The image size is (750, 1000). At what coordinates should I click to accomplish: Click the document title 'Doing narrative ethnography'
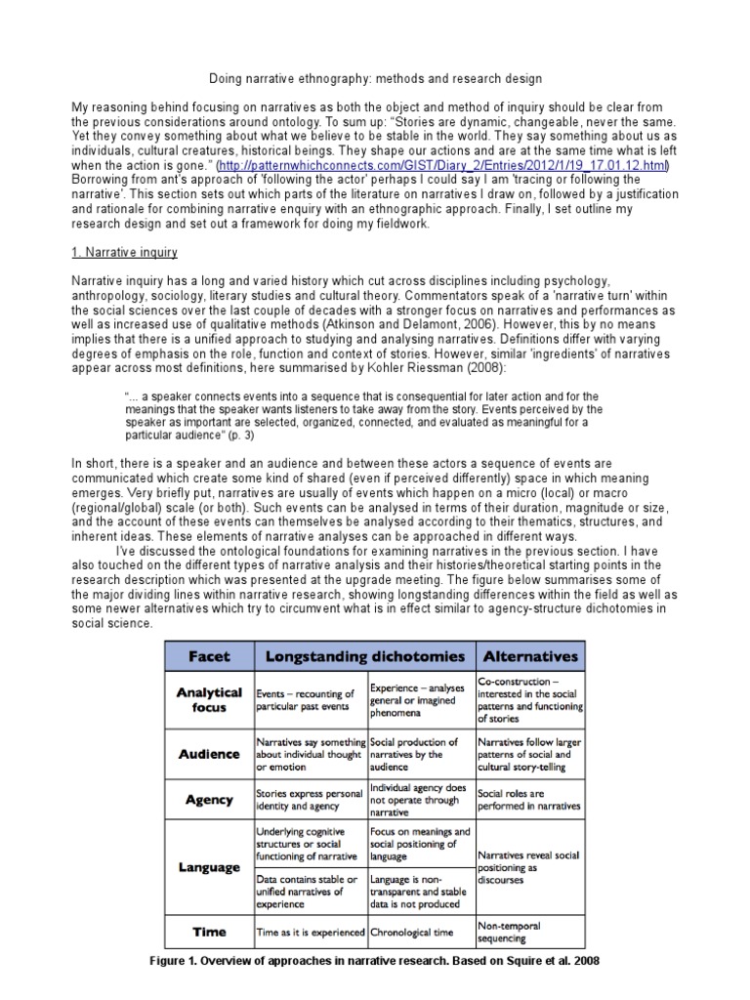[x=376, y=77]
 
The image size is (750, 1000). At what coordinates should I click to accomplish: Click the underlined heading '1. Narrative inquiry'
[x=125, y=253]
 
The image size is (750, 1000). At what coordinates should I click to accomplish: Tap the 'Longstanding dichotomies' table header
[x=363, y=656]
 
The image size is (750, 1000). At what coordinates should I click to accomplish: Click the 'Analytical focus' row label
[x=208, y=699]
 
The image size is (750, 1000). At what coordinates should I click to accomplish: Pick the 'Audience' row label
[x=208, y=754]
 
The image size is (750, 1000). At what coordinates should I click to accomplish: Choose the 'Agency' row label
[x=208, y=800]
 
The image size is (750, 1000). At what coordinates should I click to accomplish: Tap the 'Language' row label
[x=208, y=866]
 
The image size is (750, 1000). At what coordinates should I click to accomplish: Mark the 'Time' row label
[x=208, y=931]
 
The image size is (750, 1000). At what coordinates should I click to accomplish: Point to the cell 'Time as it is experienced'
[x=310, y=932]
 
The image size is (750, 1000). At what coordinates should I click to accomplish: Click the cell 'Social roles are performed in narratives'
[x=528, y=800]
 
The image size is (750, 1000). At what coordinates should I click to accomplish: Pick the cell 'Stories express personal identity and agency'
[x=310, y=801]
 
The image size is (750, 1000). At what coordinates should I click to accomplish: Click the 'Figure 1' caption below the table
[x=375, y=961]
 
